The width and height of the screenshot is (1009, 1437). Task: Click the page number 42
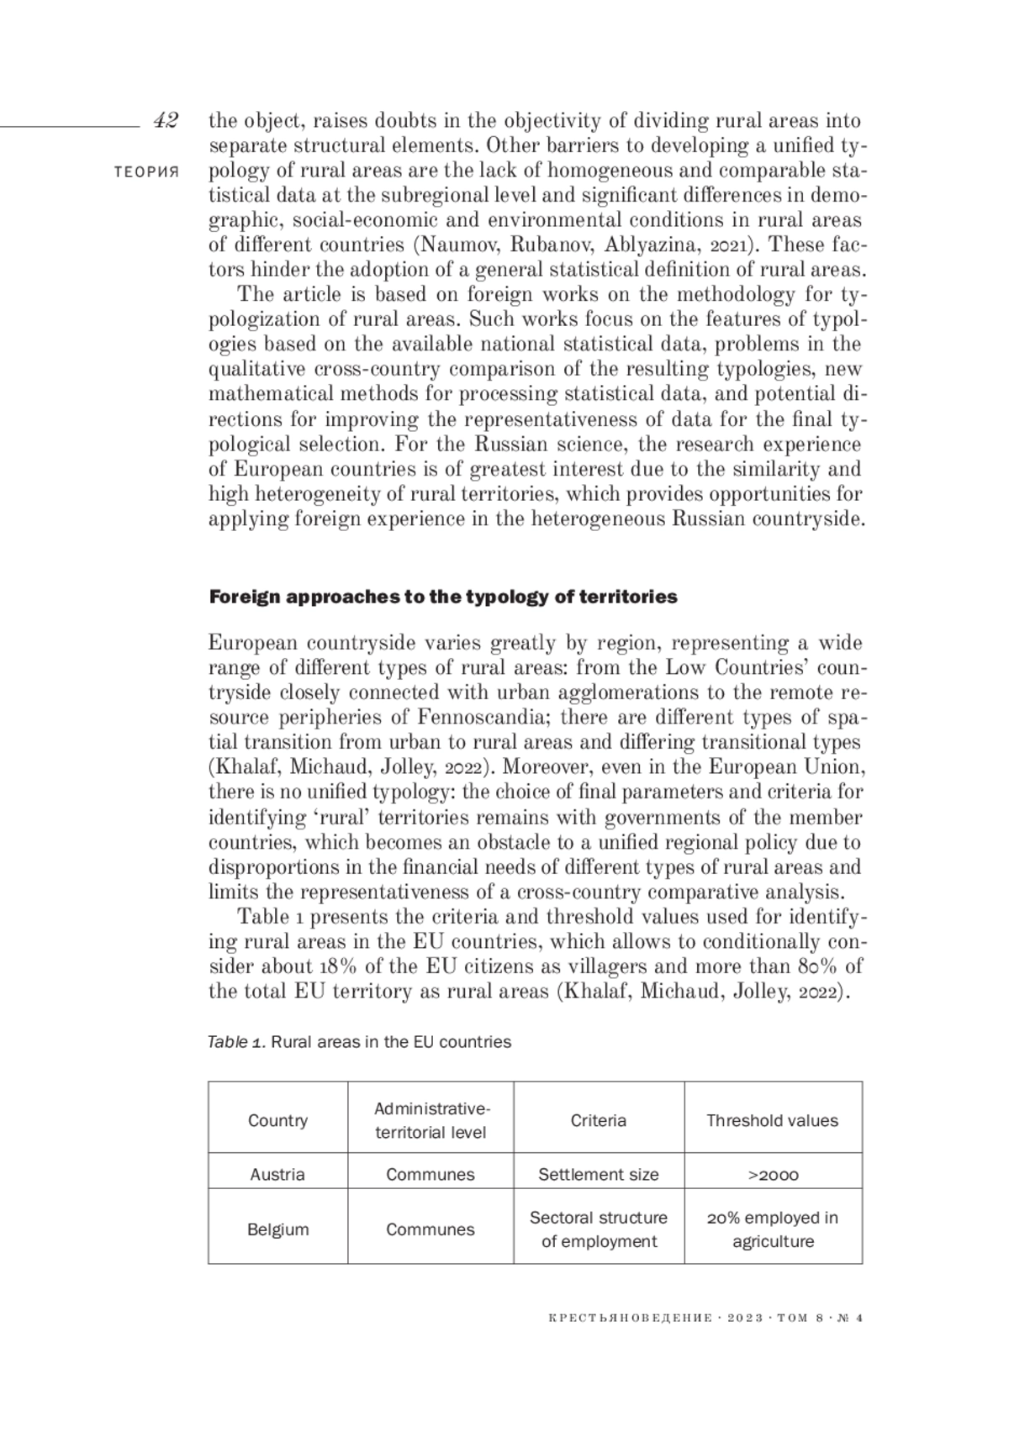pos(166,121)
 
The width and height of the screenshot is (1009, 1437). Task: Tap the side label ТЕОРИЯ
pos(147,172)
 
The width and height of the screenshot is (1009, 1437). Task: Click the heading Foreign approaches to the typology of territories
pos(442,597)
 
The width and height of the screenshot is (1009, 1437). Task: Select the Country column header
pos(277,1120)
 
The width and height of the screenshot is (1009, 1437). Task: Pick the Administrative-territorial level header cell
pos(431,1120)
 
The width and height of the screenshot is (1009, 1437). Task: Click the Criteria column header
pos(598,1120)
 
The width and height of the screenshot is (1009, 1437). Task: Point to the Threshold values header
pos(772,1120)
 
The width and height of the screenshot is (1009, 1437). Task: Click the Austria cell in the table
pos(277,1174)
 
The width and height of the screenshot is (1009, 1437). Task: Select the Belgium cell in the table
pos(277,1229)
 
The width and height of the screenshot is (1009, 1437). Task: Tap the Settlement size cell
pos(598,1174)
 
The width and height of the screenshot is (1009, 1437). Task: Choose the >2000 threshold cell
pos(772,1174)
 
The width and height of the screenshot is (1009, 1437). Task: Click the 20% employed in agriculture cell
pos(772,1229)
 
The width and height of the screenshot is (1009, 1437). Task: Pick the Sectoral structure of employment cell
pos(598,1229)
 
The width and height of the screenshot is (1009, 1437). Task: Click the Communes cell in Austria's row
pos(431,1174)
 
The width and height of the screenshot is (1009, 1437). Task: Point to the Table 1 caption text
pos(359,1042)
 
